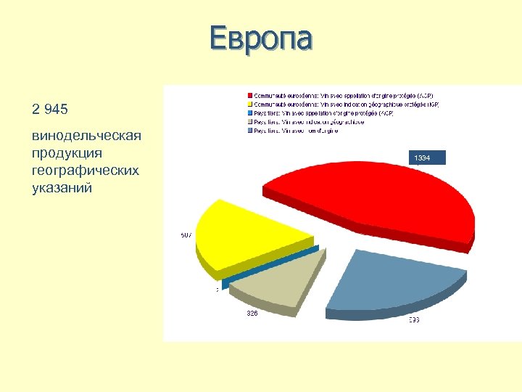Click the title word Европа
(260, 39)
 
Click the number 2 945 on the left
(50, 110)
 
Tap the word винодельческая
(86, 136)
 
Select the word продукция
(67, 153)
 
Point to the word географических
(86, 171)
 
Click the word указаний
(62, 188)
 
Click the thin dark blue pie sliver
(270, 265)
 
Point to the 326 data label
(252, 314)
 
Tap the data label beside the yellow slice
(186, 235)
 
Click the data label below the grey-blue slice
(413, 319)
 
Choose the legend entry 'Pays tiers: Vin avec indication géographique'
(309, 122)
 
